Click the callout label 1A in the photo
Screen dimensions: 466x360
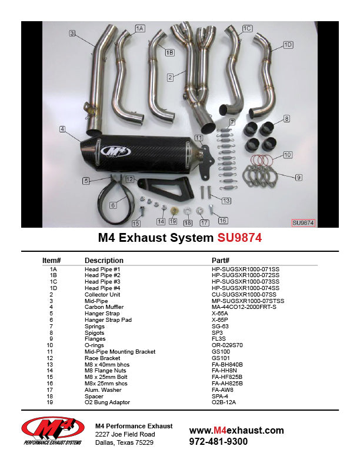click(139, 28)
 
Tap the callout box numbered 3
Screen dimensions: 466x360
click(72, 34)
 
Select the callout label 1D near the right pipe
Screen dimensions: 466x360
click(288, 45)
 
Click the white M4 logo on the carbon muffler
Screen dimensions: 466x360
click(116, 151)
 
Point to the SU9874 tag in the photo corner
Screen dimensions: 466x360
click(303, 223)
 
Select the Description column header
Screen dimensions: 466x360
click(104, 260)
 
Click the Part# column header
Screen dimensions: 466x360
click(221, 260)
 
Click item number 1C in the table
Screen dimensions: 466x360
click(54, 282)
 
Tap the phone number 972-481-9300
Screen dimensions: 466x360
click(218, 441)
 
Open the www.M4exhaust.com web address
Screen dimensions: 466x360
click(236, 430)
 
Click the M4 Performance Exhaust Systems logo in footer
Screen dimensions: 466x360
click(52, 432)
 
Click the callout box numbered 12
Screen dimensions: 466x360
click(130, 179)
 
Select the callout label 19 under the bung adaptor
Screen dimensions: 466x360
click(172, 222)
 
